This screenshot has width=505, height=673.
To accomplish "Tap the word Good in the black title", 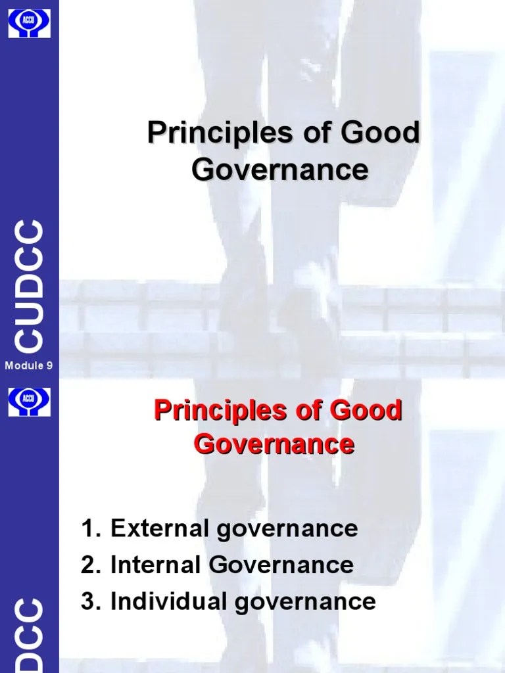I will [379, 133].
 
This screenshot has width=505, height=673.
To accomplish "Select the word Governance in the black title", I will [280, 169].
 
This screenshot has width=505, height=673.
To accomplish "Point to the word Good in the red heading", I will [369, 411].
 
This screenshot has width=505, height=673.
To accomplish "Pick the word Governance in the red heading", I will [274, 444].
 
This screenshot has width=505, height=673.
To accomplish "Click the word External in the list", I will [151, 528].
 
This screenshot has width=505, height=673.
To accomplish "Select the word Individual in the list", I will [158, 601].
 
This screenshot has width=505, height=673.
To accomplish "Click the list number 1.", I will [87, 528].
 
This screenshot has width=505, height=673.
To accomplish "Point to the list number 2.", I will [87, 565].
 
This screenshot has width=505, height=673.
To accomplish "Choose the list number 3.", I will [87, 601].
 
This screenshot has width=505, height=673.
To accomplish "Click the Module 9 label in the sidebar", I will [29, 366].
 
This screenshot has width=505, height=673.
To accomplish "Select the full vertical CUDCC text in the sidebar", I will [30, 287].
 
